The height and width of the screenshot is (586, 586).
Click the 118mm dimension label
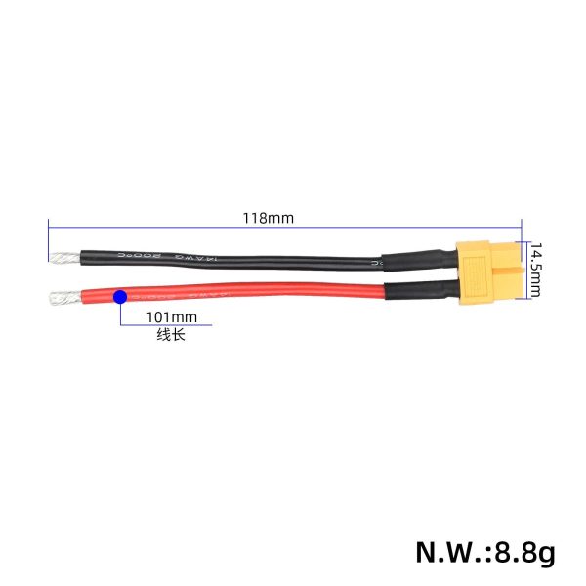[x=268, y=218]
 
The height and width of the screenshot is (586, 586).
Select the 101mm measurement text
[x=171, y=317]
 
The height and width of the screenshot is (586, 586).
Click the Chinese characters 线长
[x=170, y=335]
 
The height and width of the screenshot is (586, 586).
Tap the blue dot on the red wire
[x=119, y=296]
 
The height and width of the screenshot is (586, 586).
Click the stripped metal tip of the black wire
[x=61, y=260]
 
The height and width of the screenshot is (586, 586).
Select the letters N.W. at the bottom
[x=445, y=552]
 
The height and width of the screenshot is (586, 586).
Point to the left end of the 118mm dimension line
[x=48, y=226]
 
